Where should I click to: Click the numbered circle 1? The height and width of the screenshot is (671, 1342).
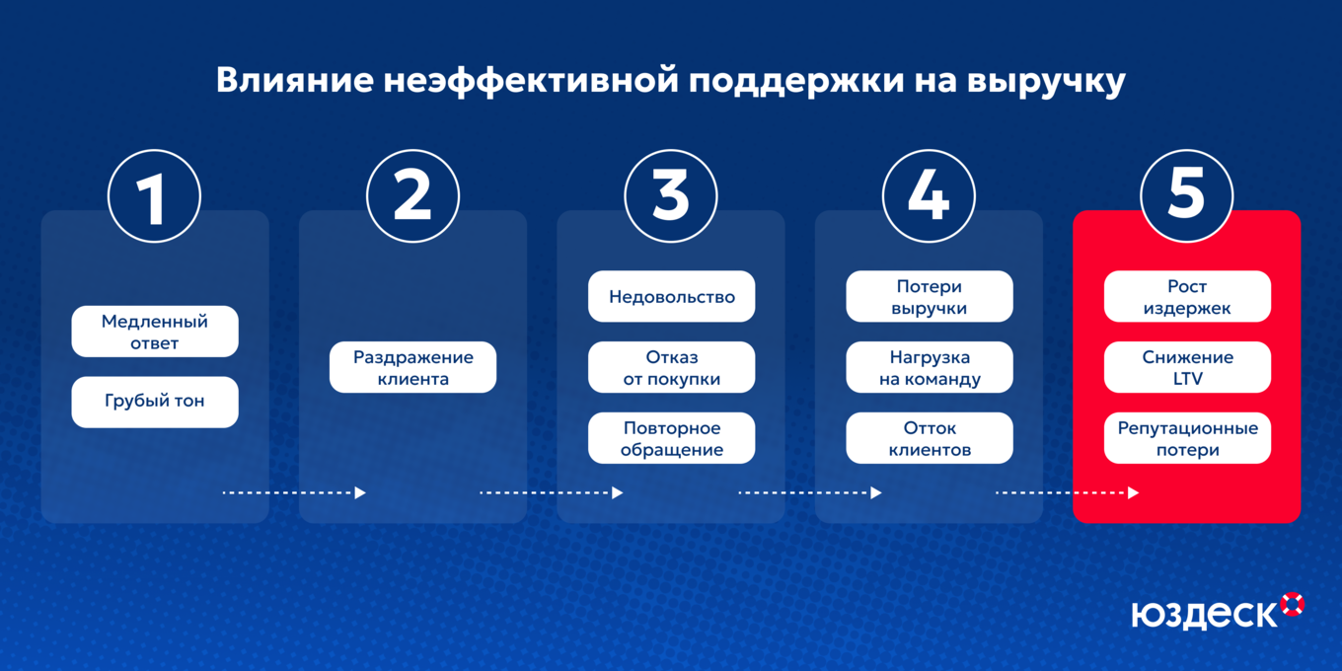[154, 195]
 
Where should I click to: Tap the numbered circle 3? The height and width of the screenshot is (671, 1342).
[671, 195]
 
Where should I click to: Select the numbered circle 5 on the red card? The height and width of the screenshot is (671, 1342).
[1186, 195]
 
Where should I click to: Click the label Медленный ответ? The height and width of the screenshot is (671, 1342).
[155, 332]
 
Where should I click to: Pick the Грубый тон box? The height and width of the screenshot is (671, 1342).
[155, 402]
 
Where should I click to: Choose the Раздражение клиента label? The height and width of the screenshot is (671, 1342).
[412, 367]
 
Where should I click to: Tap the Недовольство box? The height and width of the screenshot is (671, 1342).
[671, 296]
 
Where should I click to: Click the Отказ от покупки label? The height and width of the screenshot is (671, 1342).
[671, 367]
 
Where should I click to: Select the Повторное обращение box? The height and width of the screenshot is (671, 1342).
[671, 438]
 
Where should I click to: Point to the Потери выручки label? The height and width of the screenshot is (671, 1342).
[929, 296]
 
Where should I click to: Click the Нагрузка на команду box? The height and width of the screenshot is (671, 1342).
[929, 367]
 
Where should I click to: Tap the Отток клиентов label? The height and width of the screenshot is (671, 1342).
[929, 438]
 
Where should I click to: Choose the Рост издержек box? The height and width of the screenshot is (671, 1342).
[1187, 296]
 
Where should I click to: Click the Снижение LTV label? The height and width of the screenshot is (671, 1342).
[1187, 367]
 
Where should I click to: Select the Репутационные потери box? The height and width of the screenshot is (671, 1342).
[1187, 438]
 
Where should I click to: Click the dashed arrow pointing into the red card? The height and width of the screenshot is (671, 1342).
[1067, 492]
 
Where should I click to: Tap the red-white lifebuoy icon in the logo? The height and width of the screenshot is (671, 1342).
[1292, 604]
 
